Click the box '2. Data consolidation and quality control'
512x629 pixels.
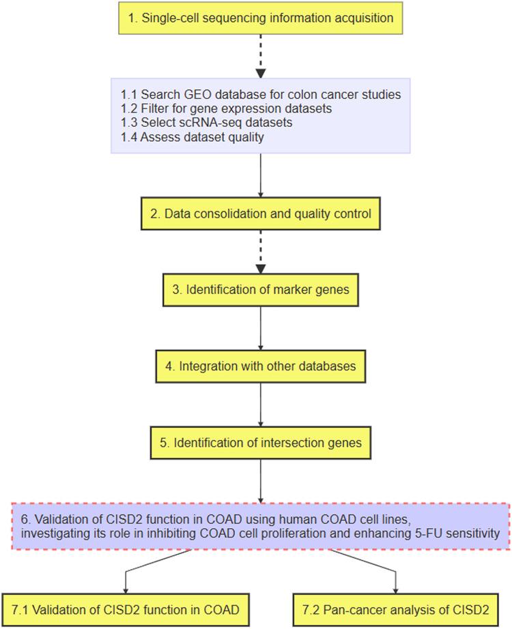260,214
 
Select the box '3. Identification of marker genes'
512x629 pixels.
260,290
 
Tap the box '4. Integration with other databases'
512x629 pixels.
260,366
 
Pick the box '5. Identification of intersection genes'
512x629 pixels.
260,443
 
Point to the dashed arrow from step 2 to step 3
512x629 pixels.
260,251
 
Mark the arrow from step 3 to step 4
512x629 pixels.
260,328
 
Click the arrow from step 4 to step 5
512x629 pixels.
260,405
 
